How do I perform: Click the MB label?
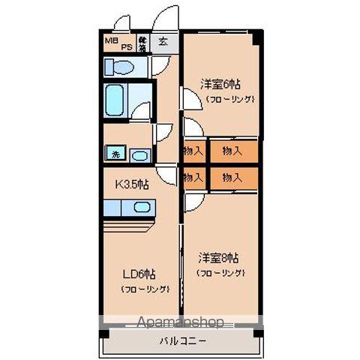[x=110, y=39]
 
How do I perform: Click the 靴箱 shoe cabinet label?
[x=142, y=42]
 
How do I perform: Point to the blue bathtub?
[x=120, y=97]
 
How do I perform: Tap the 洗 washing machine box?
[x=115, y=154]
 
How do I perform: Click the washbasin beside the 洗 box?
[x=139, y=155]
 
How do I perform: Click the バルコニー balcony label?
[x=182, y=341]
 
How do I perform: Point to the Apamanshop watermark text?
[x=180, y=323]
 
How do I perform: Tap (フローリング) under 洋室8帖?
[x=221, y=273]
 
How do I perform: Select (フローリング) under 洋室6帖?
[x=230, y=98]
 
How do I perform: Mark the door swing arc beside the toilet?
[x=159, y=66]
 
